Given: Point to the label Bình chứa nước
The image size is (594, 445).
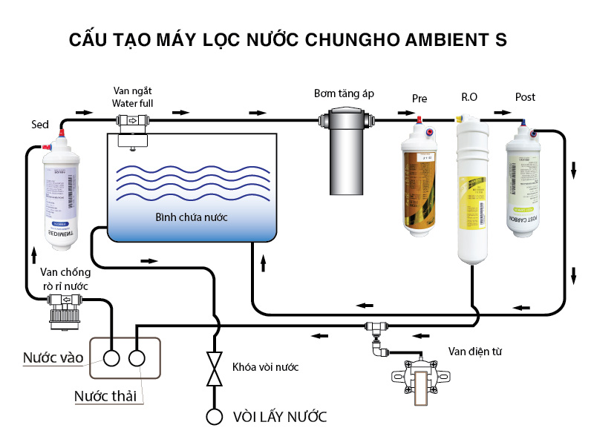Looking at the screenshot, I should pos(191,217).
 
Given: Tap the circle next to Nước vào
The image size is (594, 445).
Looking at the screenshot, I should pos(112,358).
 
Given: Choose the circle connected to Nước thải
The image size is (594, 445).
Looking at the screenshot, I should pos(137,358).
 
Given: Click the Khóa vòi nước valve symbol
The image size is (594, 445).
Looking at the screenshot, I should pos(215,369).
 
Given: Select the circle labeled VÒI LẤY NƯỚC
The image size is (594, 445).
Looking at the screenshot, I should pos(215,416).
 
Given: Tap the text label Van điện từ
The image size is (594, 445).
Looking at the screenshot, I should pos(475,351).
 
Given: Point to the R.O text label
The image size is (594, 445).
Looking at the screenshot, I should pos(469,97).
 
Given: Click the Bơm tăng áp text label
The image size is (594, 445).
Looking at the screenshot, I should pos(343,93).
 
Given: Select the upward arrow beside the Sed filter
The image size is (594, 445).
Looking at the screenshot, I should pos(34,253).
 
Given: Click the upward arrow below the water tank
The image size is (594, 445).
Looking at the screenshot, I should pos(263,263).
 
